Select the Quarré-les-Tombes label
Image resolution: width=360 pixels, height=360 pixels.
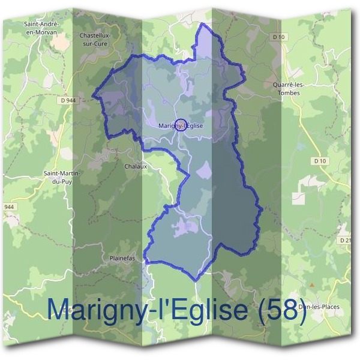click(288, 88)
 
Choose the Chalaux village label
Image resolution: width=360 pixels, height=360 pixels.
click(135, 166)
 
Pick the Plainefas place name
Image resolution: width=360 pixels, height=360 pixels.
click(122, 259)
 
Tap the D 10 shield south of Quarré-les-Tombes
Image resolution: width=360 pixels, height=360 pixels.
click(319, 161)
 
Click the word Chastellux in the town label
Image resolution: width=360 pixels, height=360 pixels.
click(94, 35)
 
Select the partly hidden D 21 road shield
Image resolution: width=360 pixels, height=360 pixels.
click(346, 240)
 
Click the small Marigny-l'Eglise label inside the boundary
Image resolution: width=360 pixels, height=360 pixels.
click(182, 126)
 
